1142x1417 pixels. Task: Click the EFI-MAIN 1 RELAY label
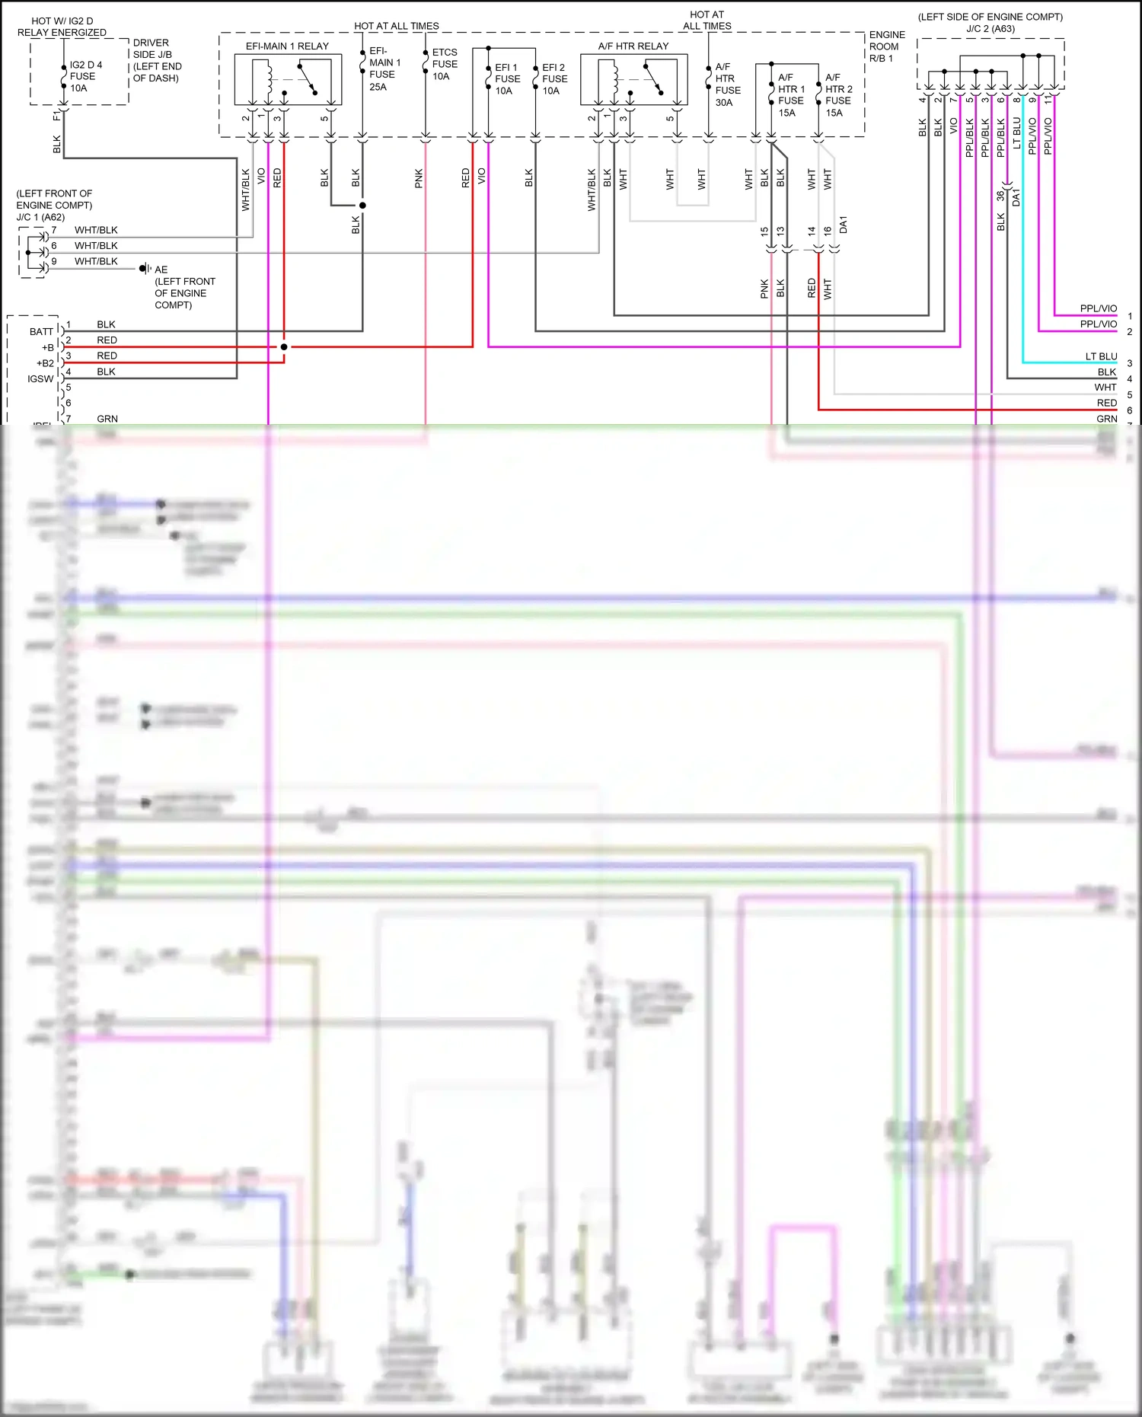click(x=287, y=46)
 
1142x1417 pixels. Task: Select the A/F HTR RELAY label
click(x=633, y=46)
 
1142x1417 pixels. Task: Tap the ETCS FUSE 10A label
click(x=445, y=64)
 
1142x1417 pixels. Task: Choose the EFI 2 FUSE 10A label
click(x=554, y=79)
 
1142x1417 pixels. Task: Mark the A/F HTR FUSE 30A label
click(x=727, y=85)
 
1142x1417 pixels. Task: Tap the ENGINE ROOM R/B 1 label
click(x=887, y=46)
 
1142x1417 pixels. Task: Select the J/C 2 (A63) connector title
click(x=990, y=29)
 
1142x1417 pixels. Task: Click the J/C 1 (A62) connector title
click(x=40, y=217)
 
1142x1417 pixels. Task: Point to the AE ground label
click(x=161, y=270)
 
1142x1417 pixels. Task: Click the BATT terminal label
click(x=41, y=331)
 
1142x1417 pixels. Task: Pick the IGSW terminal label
click(x=40, y=378)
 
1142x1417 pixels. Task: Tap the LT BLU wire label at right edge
click(x=1101, y=356)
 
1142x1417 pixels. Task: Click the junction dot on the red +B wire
click(x=284, y=347)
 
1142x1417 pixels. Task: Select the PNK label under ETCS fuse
click(x=419, y=179)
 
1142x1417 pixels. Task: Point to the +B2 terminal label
click(x=45, y=363)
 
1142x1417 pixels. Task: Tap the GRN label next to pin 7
click(x=107, y=419)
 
